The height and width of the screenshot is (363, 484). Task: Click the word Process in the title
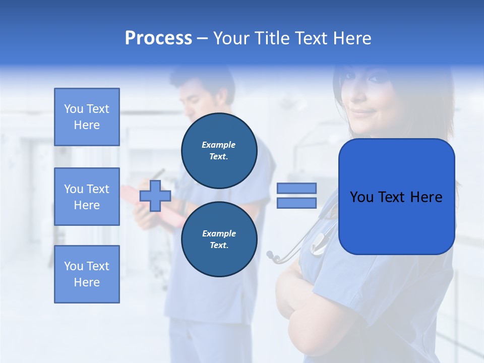pyautogui.click(x=158, y=38)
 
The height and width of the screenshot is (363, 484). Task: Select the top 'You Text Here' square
pyautogui.click(x=87, y=117)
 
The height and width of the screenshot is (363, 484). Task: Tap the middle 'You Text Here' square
pyautogui.click(x=87, y=197)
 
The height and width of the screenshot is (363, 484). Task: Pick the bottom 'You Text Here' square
pyautogui.click(x=87, y=274)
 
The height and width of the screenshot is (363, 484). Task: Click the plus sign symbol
pyautogui.click(x=155, y=196)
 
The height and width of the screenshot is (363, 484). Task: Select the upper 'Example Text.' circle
pyautogui.click(x=219, y=151)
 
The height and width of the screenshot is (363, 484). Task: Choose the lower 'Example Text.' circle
pyautogui.click(x=219, y=239)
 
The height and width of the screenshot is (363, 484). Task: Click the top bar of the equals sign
pyautogui.click(x=296, y=189)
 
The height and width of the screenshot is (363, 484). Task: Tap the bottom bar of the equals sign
pyautogui.click(x=296, y=203)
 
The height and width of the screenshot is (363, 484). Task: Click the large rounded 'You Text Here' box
pyautogui.click(x=396, y=197)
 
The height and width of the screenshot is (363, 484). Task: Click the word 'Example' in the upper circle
pyautogui.click(x=219, y=145)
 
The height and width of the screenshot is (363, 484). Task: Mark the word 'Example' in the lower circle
pyautogui.click(x=219, y=234)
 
